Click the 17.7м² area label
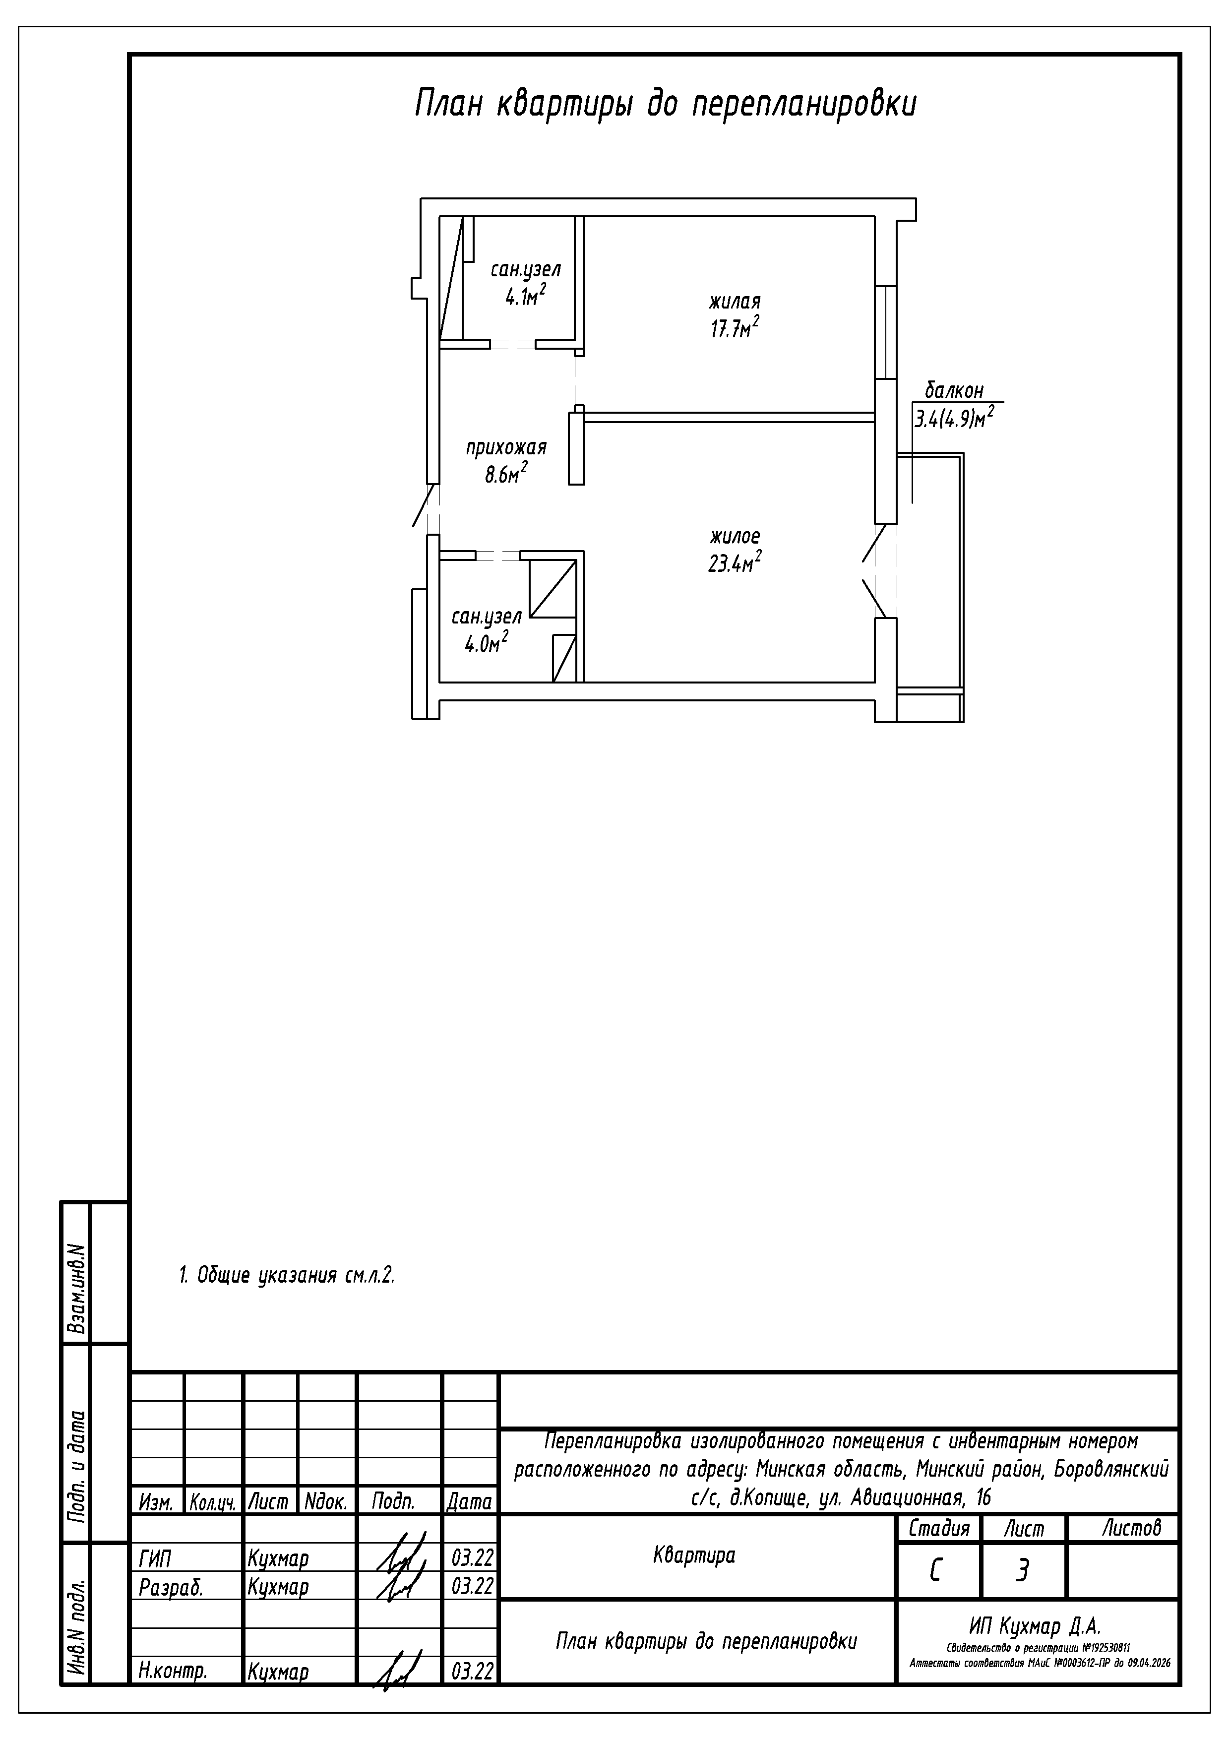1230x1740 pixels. coord(735,328)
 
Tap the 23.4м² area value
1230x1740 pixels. coord(735,563)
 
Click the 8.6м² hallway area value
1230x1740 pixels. coord(505,474)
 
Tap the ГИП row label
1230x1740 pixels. coord(155,1558)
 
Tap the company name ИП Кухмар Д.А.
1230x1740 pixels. coord(1035,1625)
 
